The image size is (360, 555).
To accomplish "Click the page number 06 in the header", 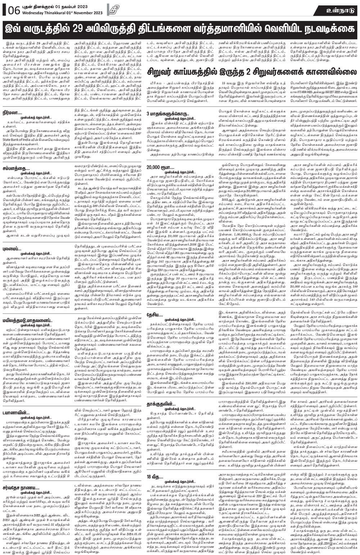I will [11, 10].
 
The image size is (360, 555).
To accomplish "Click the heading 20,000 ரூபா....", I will [159, 167].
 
